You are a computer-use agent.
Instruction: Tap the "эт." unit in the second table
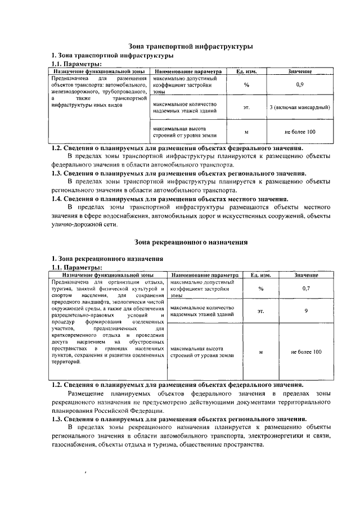[x=260, y=310]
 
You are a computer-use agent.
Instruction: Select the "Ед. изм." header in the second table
[x=260, y=275]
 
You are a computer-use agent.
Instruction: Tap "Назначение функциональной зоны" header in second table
[x=109, y=275]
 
